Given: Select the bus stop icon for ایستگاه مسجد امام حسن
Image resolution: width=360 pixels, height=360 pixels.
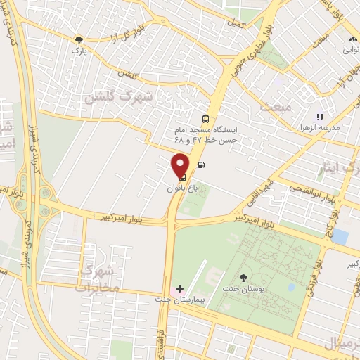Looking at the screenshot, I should tap(205, 119).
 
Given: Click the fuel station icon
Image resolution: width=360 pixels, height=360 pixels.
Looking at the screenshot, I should tap(202, 167).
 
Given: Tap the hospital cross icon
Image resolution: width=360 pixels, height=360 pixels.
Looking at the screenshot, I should tap(180, 288).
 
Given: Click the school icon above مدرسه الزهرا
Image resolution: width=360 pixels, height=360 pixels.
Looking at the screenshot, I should tap(320, 117).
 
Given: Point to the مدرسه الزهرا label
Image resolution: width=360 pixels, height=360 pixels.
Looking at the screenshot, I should tap(323, 128).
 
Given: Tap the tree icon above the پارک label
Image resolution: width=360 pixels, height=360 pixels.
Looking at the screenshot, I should tap(79, 40).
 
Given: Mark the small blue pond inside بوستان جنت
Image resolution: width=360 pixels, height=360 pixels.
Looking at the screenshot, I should tap(340, 236).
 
